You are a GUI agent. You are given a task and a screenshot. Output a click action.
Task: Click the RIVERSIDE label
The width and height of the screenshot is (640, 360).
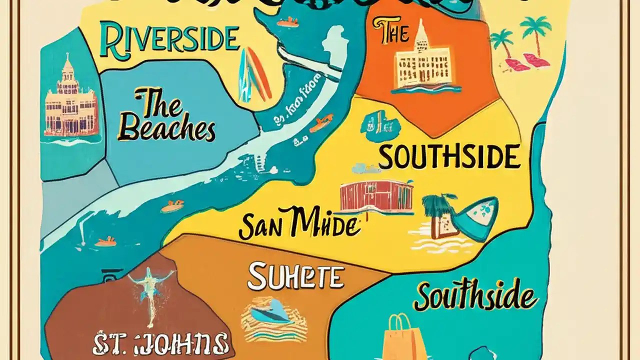[169, 40]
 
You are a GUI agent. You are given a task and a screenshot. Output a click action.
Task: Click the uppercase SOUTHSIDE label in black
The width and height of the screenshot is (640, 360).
[449, 156]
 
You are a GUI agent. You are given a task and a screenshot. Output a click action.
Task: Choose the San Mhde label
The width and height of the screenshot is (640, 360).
[298, 224]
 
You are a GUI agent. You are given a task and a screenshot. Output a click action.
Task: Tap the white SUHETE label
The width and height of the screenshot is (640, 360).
[296, 277]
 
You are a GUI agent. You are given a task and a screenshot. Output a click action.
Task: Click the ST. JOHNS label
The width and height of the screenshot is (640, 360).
[161, 344]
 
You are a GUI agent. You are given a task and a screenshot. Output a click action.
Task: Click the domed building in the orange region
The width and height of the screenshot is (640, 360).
[424, 59]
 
